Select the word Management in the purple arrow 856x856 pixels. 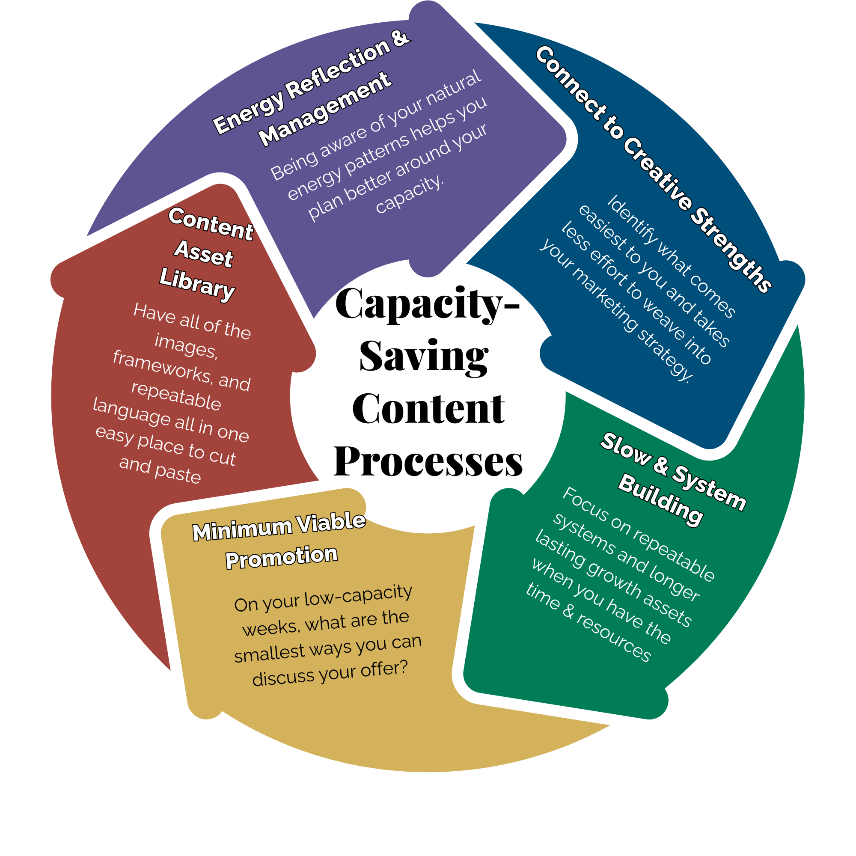326,109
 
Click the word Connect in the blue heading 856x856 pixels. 570,83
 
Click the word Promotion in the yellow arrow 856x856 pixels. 281,557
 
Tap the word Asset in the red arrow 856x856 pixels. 203,253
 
